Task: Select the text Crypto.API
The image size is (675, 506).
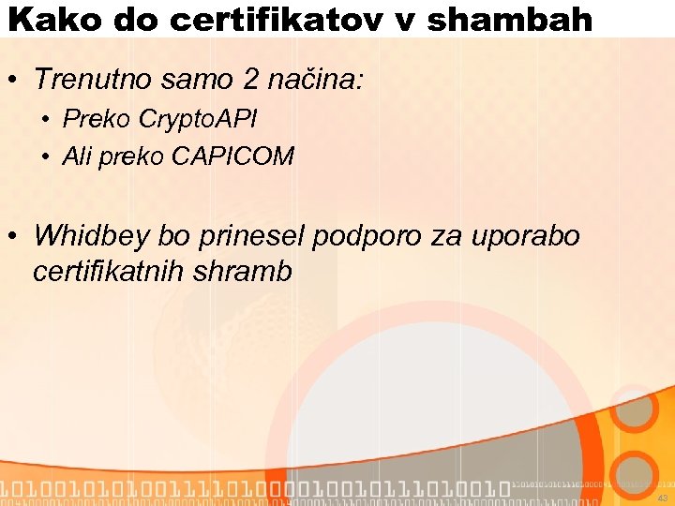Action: [198, 119]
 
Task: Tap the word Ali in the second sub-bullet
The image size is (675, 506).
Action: [76, 156]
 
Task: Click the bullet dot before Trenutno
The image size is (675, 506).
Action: [12, 82]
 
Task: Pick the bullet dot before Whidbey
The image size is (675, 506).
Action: [12, 236]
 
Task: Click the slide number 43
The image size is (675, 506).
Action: [662, 498]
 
